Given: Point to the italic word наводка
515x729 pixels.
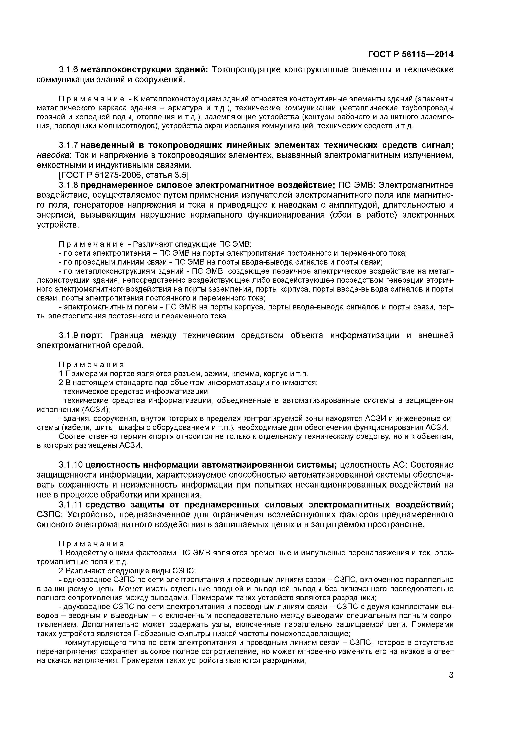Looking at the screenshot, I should click(x=52, y=155).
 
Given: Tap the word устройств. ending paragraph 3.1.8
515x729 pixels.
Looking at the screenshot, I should click(x=58, y=225).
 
